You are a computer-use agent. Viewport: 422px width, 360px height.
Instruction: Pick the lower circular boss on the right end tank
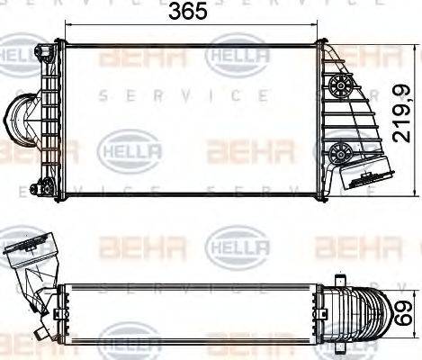point(339,149)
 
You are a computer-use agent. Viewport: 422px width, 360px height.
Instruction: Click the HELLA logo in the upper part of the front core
point(235,56)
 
